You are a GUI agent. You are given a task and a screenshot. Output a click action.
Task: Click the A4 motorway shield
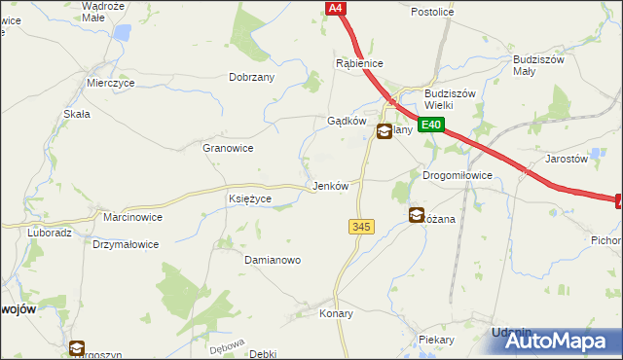(335, 8)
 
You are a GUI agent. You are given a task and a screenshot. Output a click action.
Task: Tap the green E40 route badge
(432, 125)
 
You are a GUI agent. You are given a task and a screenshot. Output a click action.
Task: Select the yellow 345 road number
(360, 226)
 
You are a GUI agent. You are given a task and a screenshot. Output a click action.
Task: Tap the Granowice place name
(228, 148)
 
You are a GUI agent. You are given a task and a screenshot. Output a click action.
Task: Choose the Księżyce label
(249, 198)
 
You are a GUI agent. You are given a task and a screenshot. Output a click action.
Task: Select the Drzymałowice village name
(126, 244)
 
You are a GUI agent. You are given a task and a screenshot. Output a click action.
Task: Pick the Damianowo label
(273, 261)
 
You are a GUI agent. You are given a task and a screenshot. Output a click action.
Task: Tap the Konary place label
(336, 314)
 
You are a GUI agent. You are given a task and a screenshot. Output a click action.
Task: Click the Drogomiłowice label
(458, 175)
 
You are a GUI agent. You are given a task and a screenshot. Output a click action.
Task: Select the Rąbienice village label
(359, 63)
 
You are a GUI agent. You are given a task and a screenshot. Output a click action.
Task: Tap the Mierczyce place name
(110, 84)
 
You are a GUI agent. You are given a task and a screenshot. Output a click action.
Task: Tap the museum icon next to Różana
(417, 215)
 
